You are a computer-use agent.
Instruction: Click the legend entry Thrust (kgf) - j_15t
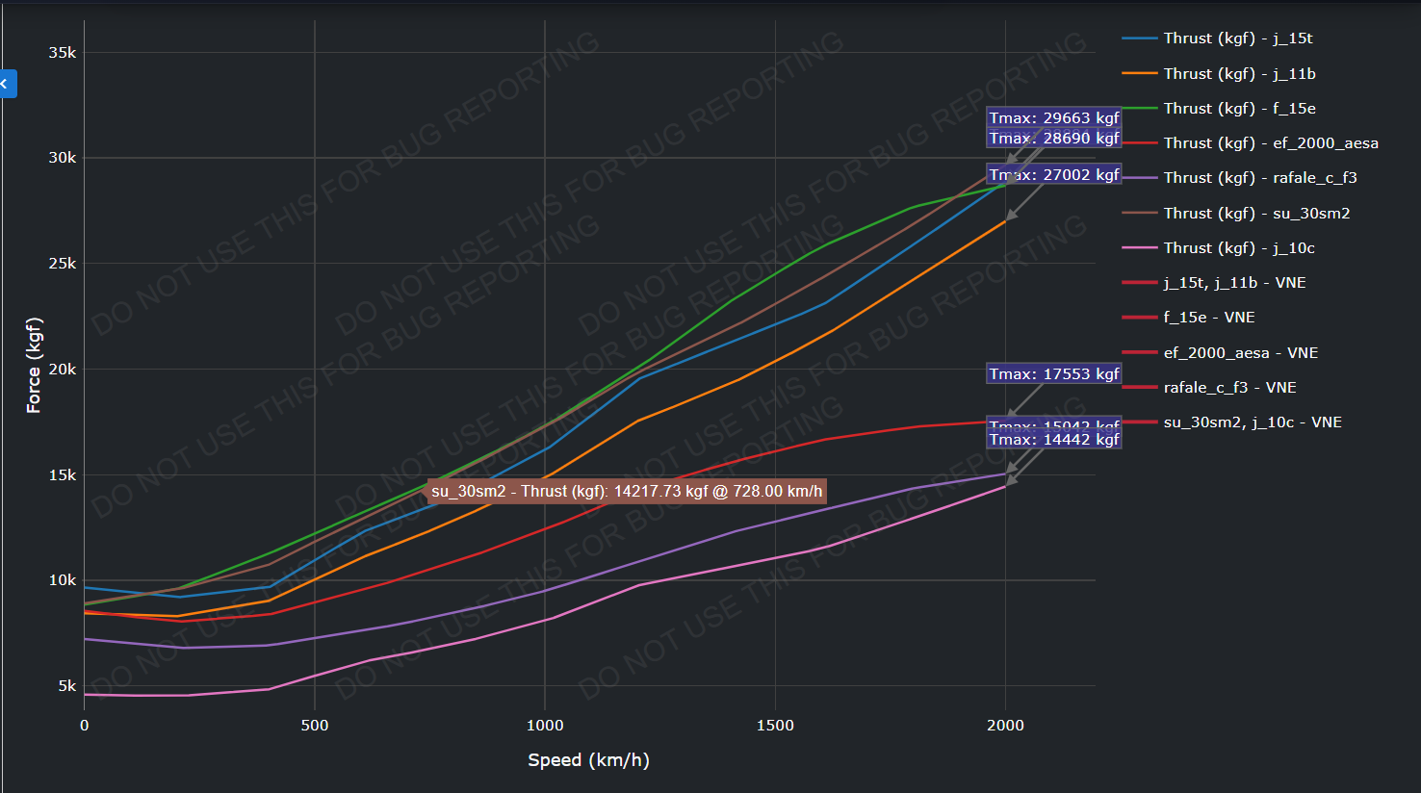pyautogui.click(x=1237, y=38)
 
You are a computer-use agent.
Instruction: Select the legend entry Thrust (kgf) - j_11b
pyautogui.click(x=1239, y=74)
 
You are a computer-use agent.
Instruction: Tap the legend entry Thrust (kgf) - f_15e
pyautogui.click(x=1239, y=109)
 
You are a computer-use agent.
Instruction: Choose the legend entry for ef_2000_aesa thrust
pyautogui.click(x=1270, y=143)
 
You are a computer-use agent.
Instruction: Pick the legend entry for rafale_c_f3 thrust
pyautogui.click(x=1259, y=178)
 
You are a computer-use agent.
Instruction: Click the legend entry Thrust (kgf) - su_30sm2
pyautogui.click(x=1256, y=214)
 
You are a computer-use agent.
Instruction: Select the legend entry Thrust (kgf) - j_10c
pyautogui.click(x=1238, y=248)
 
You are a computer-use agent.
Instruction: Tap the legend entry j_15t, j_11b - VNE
pyautogui.click(x=1234, y=283)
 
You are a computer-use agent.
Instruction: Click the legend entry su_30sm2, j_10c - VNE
pyautogui.click(x=1252, y=422)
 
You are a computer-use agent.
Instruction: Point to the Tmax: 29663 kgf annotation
pyautogui.click(x=1054, y=118)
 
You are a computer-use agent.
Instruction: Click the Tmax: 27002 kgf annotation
pyautogui.click(x=1054, y=174)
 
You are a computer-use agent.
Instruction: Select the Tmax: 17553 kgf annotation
pyautogui.click(x=1054, y=374)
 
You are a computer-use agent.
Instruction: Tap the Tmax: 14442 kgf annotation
pyautogui.click(x=1054, y=440)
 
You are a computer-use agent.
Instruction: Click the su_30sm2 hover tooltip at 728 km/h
pyautogui.click(x=627, y=492)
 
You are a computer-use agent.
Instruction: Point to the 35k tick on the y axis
pyautogui.click(x=63, y=53)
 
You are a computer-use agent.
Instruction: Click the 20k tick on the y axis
pyautogui.click(x=63, y=370)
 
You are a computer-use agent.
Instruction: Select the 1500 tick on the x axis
pyautogui.click(x=775, y=726)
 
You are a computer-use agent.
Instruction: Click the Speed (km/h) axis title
pyautogui.click(x=588, y=760)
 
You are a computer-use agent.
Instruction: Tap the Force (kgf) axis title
pyautogui.click(x=34, y=366)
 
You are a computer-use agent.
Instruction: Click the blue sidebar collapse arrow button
pyautogui.click(x=7, y=85)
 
